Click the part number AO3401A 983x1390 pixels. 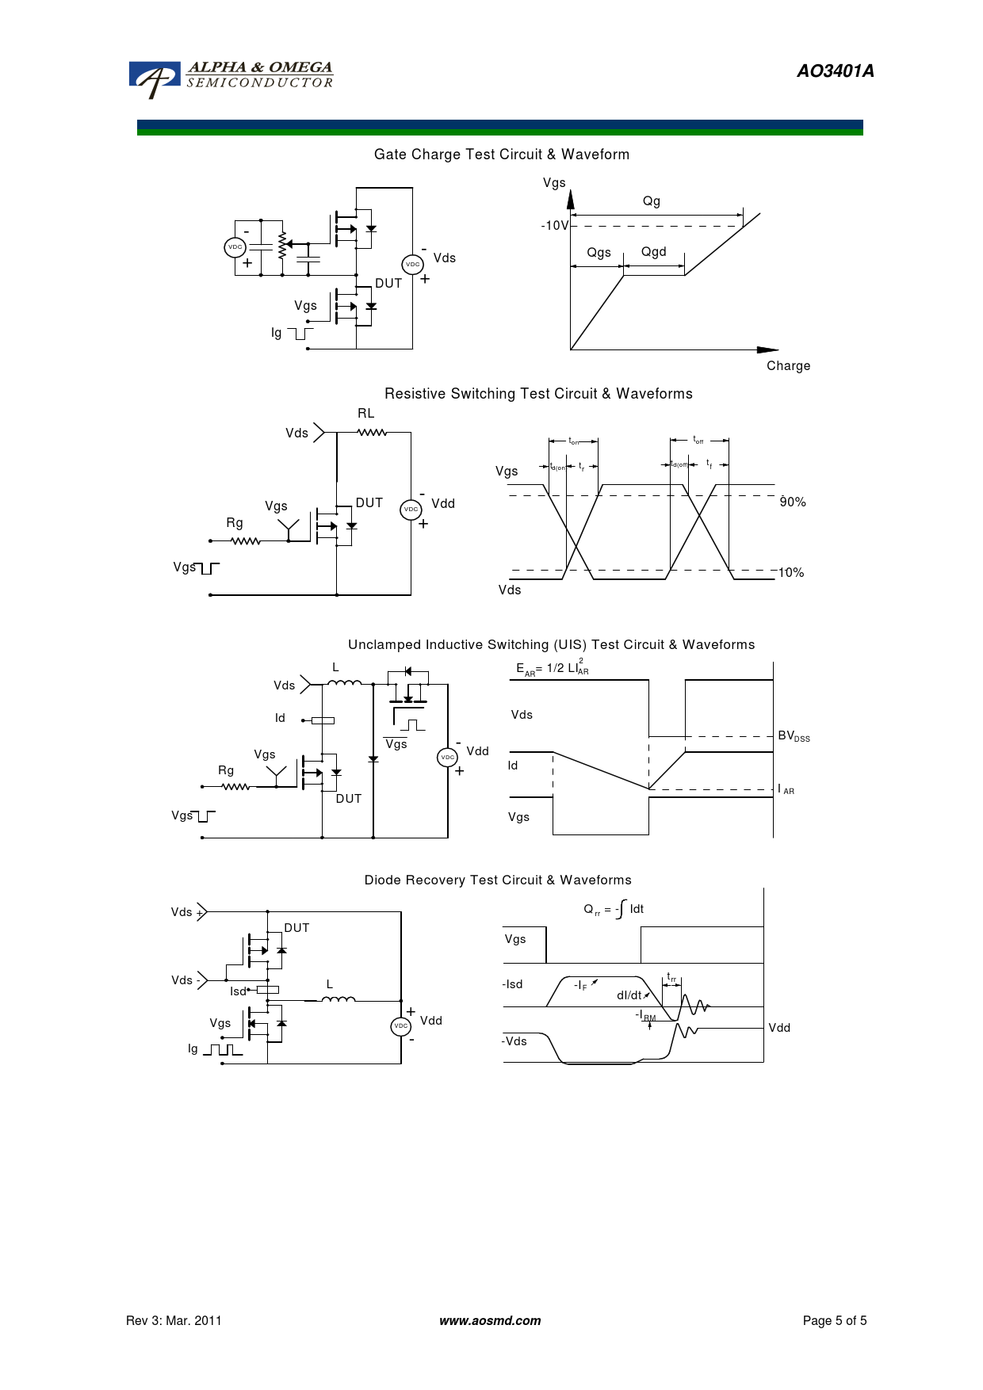pos(835,71)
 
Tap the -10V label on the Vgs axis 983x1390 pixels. pos(554,226)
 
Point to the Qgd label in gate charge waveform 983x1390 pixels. pos(653,252)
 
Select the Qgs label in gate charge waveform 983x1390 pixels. pos(599,253)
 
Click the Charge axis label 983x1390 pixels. pos(788,366)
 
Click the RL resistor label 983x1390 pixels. pos(365,414)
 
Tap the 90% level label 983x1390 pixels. pos(793,502)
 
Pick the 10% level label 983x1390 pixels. pos(791,573)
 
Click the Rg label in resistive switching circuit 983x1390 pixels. pos(235,523)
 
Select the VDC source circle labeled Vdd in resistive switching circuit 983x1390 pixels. pos(411,510)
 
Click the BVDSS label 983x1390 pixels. pos(794,736)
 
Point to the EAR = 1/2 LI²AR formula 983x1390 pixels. pos(553,669)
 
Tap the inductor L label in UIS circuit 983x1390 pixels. pos(335,667)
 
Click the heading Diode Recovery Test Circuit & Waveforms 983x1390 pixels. pos(498,880)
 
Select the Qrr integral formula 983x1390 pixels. pos(614,910)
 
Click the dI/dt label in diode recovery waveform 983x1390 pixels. pos(630,995)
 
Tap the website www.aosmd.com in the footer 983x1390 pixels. pos(490,1321)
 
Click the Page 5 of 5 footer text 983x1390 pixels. pos(835,1321)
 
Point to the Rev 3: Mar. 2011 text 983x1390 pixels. pos(174,1321)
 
